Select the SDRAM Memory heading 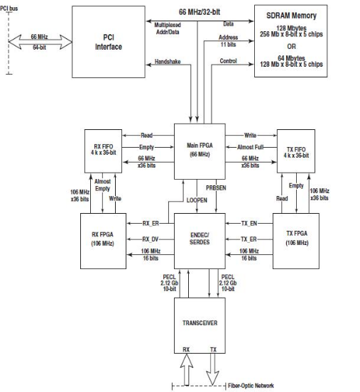tap(291, 16)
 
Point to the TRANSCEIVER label tap(200, 323)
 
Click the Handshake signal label tap(168, 62)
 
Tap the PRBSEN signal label tap(216, 187)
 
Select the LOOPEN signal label tap(197, 200)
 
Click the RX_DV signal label tap(151, 239)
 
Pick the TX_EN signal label tap(249, 223)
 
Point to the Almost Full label tap(250, 147)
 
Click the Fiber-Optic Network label tap(251, 386)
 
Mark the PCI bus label tap(9, 9)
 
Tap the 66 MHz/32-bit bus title tap(200, 12)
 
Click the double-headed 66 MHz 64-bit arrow tap(40, 42)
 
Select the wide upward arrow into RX tap(187, 370)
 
